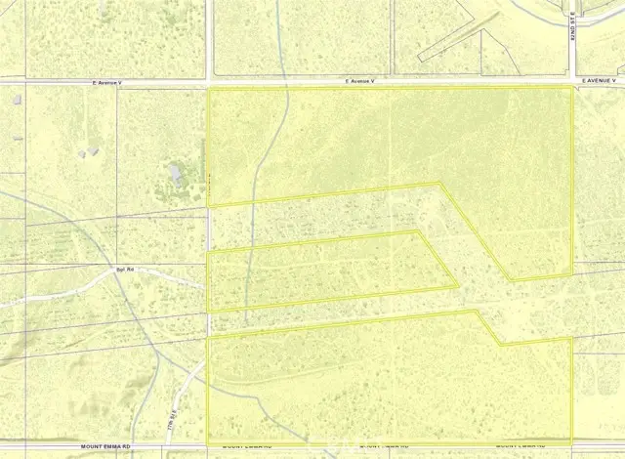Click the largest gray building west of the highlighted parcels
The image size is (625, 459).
coord(176,176)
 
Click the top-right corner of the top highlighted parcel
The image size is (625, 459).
coord(571,88)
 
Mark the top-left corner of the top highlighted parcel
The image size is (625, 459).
coord(209,89)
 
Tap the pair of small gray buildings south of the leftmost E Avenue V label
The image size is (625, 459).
coord(91,151)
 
